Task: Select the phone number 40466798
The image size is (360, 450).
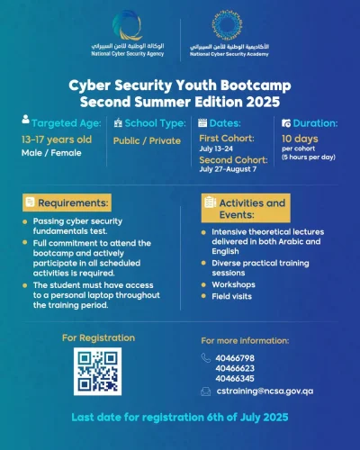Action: (236, 358)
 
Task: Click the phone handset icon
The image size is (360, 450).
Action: (207, 358)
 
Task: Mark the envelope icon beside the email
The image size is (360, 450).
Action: (207, 392)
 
